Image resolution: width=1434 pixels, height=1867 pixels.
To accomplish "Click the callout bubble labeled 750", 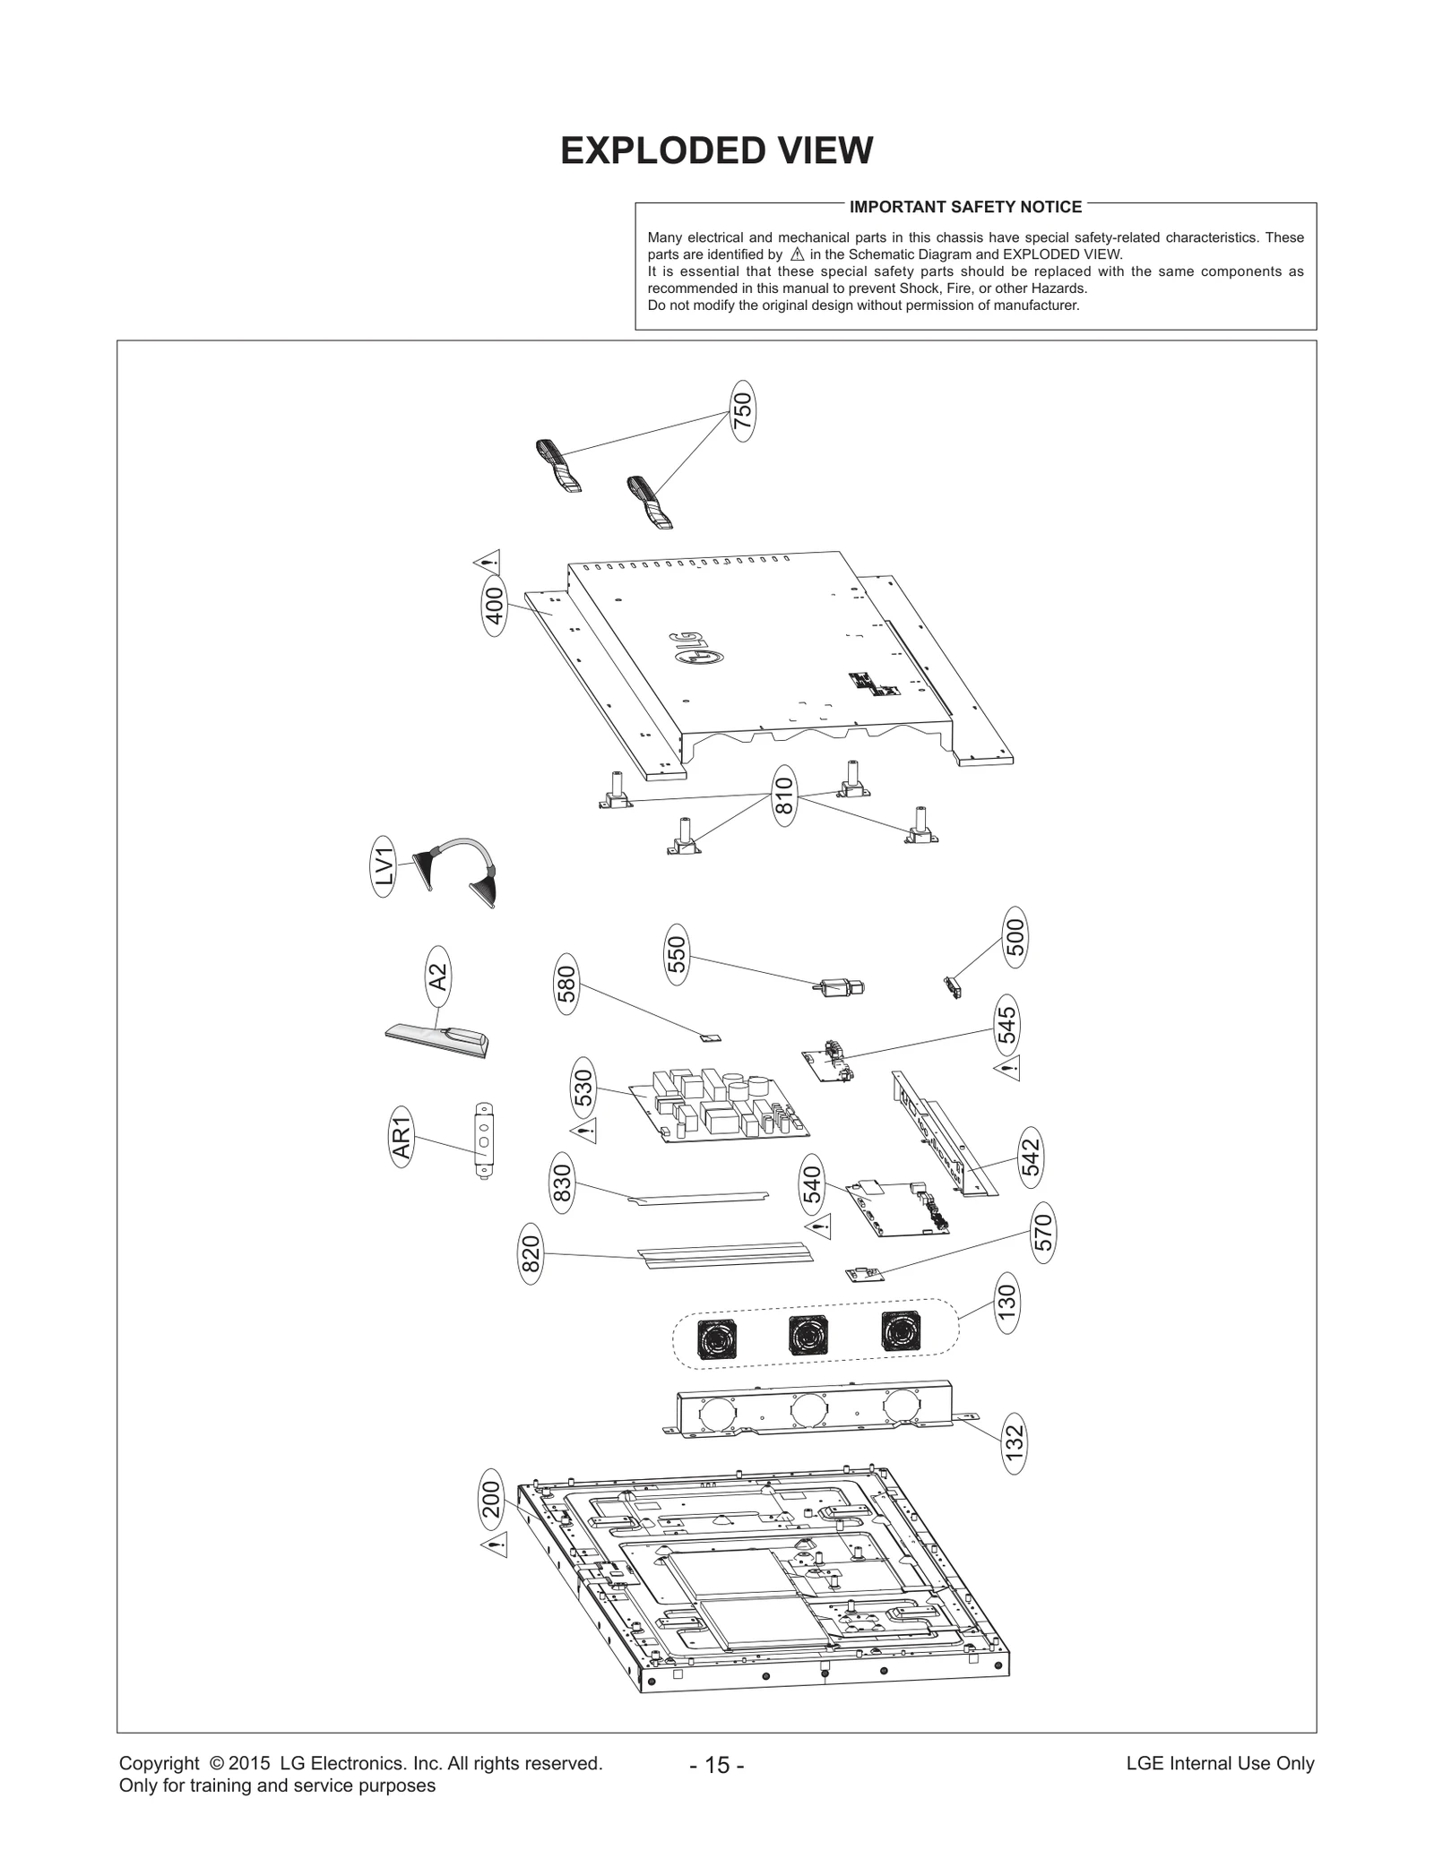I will pyautogui.click(x=742, y=411).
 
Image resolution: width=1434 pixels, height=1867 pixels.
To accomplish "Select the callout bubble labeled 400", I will pyautogui.click(x=495, y=607).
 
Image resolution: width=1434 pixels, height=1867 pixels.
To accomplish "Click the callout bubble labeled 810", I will pyautogui.click(x=784, y=796).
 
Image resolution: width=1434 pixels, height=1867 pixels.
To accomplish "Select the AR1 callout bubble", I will pyautogui.click(x=402, y=1137).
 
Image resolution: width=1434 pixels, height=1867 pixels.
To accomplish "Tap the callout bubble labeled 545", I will pyautogui.click(x=1006, y=1025).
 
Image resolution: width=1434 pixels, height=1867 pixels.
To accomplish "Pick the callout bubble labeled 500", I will pyautogui.click(x=1015, y=937).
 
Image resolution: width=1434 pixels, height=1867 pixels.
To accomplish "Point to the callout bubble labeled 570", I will pyautogui.click(x=1042, y=1234).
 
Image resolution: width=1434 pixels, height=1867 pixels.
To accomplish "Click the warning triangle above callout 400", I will pyautogui.click(x=487, y=563).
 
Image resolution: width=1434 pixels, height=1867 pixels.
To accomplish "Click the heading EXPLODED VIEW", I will pyautogui.click(x=716, y=151).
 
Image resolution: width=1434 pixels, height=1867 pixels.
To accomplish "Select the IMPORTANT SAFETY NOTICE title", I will pyautogui.click(x=965, y=207).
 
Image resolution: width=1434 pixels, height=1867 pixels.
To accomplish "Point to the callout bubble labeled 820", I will pyautogui.click(x=531, y=1254).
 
